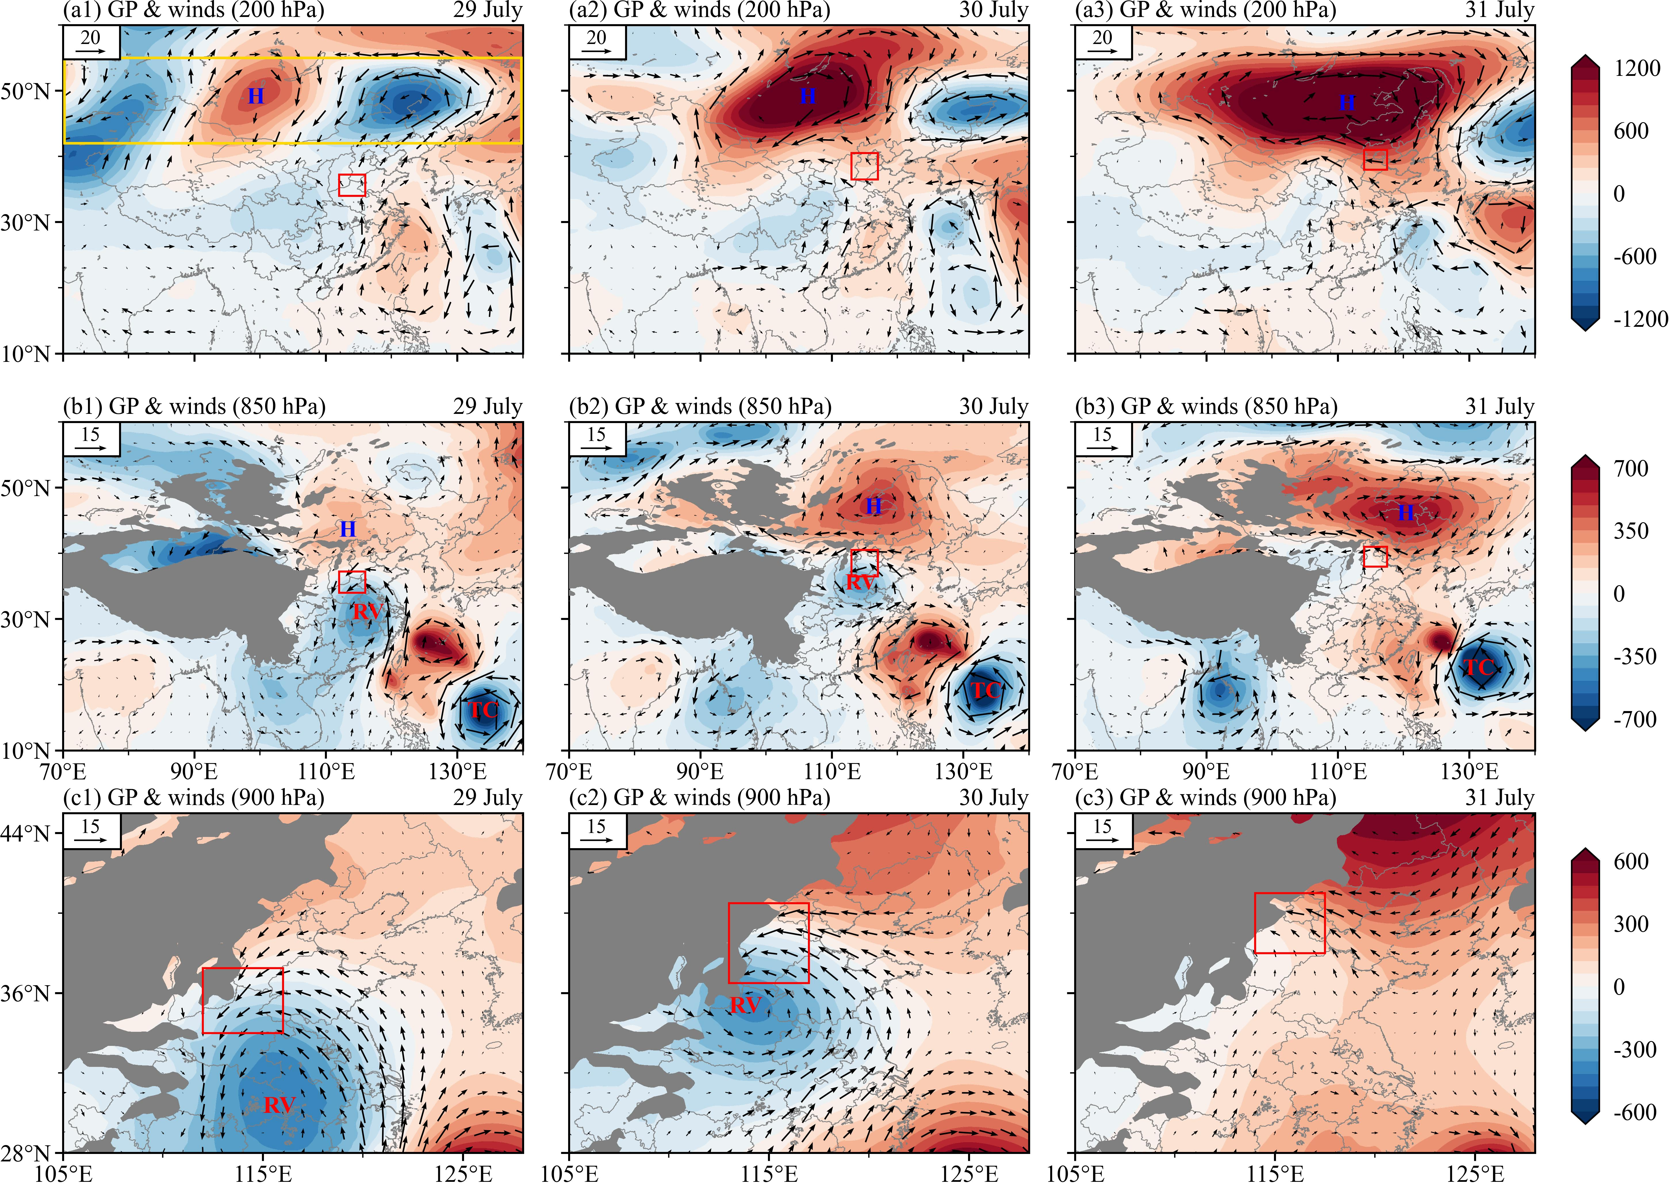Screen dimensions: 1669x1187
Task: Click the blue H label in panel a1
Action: [x=256, y=96]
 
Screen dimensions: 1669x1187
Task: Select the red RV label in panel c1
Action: [x=280, y=1105]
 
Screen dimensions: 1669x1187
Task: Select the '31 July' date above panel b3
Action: [x=1499, y=406]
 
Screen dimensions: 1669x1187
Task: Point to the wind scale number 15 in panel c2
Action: [x=597, y=826]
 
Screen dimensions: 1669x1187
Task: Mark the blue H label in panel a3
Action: [x=1347, y=103]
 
